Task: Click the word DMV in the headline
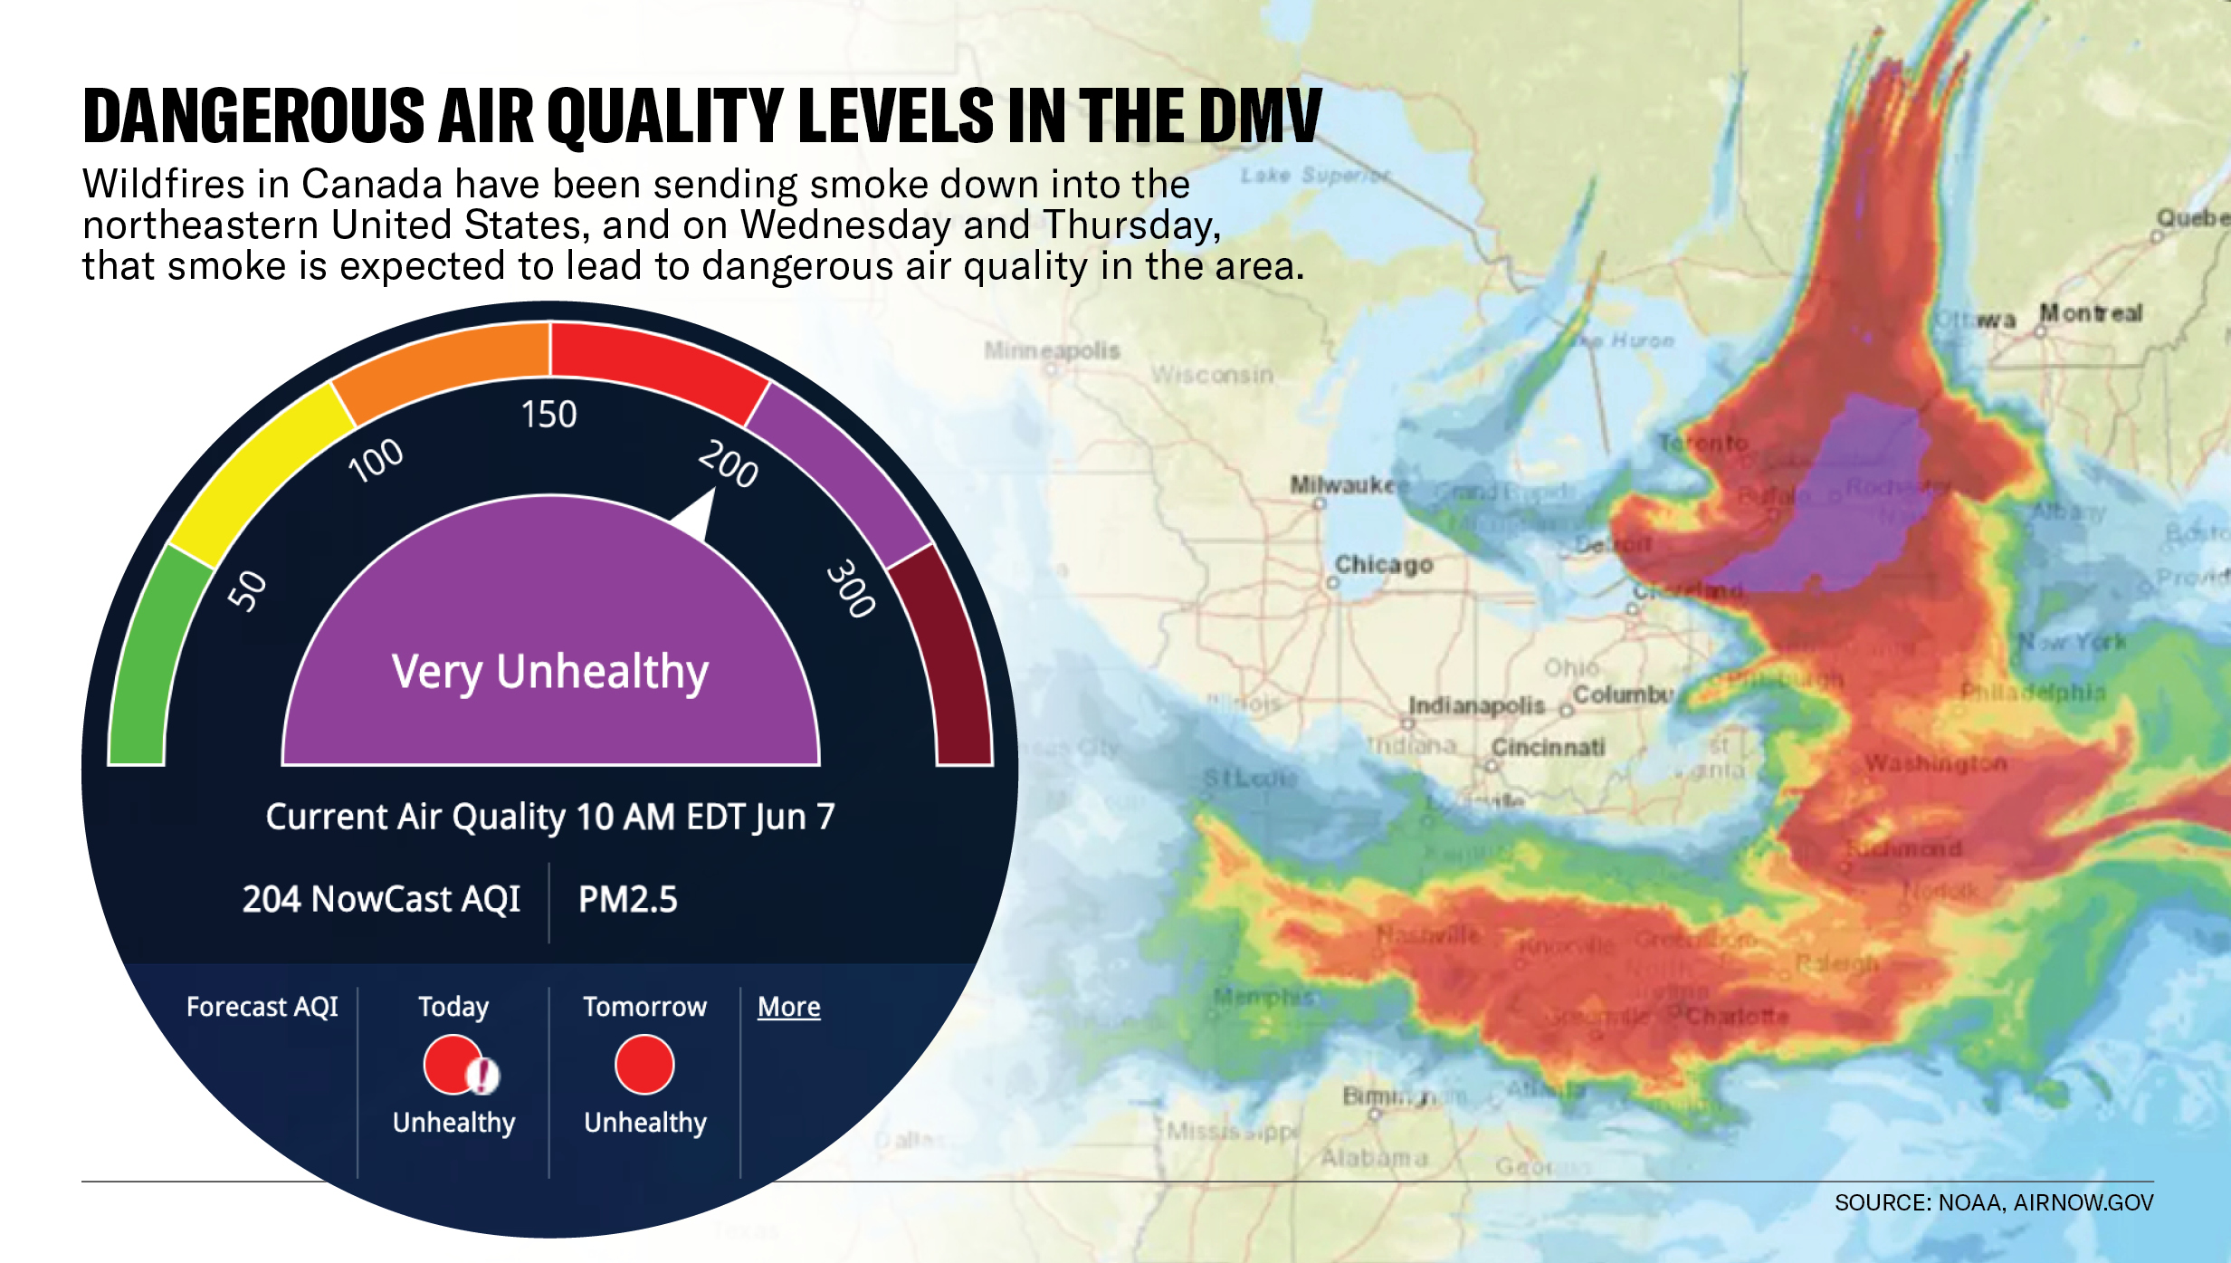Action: tap(1260, 117)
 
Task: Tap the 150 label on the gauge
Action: tap(548, 415)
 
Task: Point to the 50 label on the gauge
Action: tap(247, 591)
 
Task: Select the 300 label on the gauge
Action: tap(851, 588)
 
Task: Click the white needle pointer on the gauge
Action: tap(698, 513)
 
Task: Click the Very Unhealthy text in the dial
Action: tap(550, 672)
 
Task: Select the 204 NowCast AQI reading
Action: tap(381, 899)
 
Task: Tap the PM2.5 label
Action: tap(627, 899)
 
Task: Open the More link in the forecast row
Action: tap(788, 1007)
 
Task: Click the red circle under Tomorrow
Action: tap(644, 1065)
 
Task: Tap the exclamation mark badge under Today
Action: tap(483, 1076)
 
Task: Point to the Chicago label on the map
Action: tap(1384, 565)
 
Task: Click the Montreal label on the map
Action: tap(2091, 313)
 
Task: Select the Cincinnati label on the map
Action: tap(1548, 748)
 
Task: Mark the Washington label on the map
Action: tap(1935, 764)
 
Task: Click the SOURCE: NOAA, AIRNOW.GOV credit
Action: tap(1993, 1202)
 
